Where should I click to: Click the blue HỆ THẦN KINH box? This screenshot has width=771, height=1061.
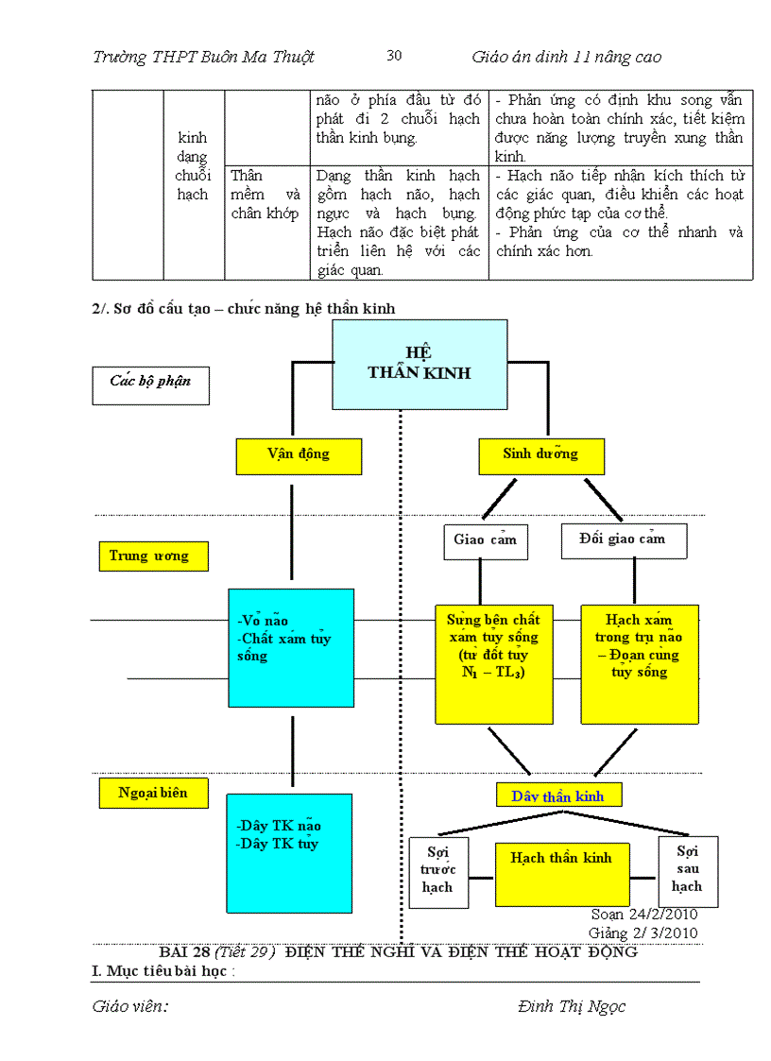point(420,364)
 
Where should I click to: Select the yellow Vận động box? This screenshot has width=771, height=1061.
point(299,454)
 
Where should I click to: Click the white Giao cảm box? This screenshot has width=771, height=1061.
point(486,540)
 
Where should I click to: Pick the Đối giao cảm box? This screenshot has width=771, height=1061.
point(624,539)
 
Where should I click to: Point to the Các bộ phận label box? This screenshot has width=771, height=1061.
point(151,383)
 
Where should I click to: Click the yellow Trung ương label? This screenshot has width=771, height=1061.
point(153,556)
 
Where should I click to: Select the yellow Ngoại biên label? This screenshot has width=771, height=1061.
point(153,793)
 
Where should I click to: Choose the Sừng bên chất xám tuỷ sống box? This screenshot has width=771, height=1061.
point(493,663)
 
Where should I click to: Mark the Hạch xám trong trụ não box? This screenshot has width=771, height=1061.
point(640,663)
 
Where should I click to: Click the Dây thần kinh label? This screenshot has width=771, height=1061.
point(557,796)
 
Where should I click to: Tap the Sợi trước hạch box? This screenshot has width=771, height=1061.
point(438,871)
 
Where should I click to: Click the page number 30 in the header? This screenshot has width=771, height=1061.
point(395,56)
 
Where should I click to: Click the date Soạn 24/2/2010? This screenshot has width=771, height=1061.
point(644,915)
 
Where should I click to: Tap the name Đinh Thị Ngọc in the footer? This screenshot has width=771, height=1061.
point(571,1006)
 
